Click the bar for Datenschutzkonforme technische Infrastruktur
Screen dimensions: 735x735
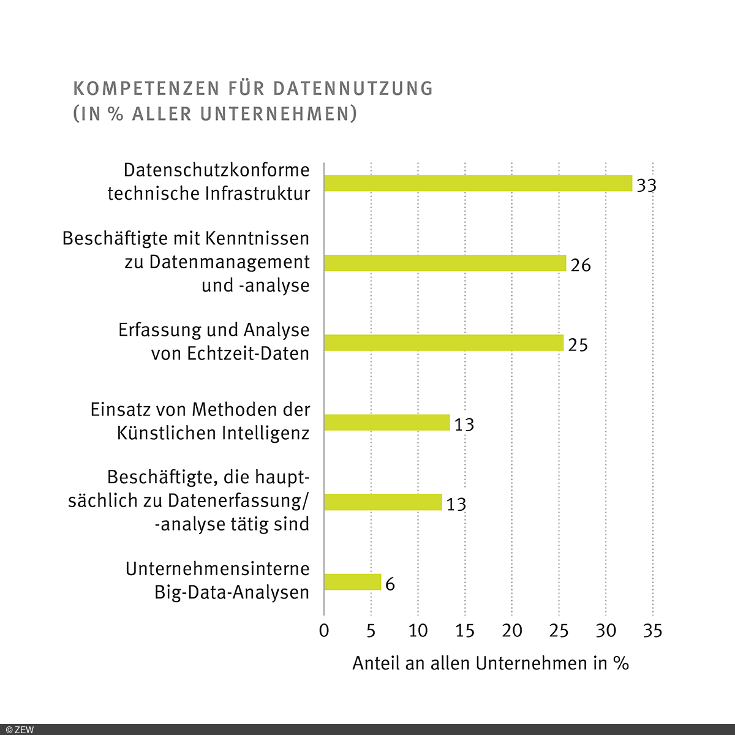478,183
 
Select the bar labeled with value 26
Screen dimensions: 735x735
445,263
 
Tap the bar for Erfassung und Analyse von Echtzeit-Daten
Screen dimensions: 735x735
443,342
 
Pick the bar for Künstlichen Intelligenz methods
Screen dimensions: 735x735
386,423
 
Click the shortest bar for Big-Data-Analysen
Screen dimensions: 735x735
352,582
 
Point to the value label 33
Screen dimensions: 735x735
646,185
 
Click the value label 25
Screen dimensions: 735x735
578,345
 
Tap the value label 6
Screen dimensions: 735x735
390,584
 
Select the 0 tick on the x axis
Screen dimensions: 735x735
324,630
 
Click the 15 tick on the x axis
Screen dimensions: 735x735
465,630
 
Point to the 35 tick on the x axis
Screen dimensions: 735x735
653,630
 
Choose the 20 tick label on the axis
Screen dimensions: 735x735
512,630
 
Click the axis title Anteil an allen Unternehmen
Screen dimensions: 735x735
490,663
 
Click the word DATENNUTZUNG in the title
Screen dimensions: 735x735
353,89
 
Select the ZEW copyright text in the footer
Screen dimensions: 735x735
18,729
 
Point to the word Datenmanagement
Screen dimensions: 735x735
230,262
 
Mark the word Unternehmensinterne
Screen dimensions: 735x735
217,569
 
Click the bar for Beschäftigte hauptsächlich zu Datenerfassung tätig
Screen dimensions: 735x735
383,502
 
